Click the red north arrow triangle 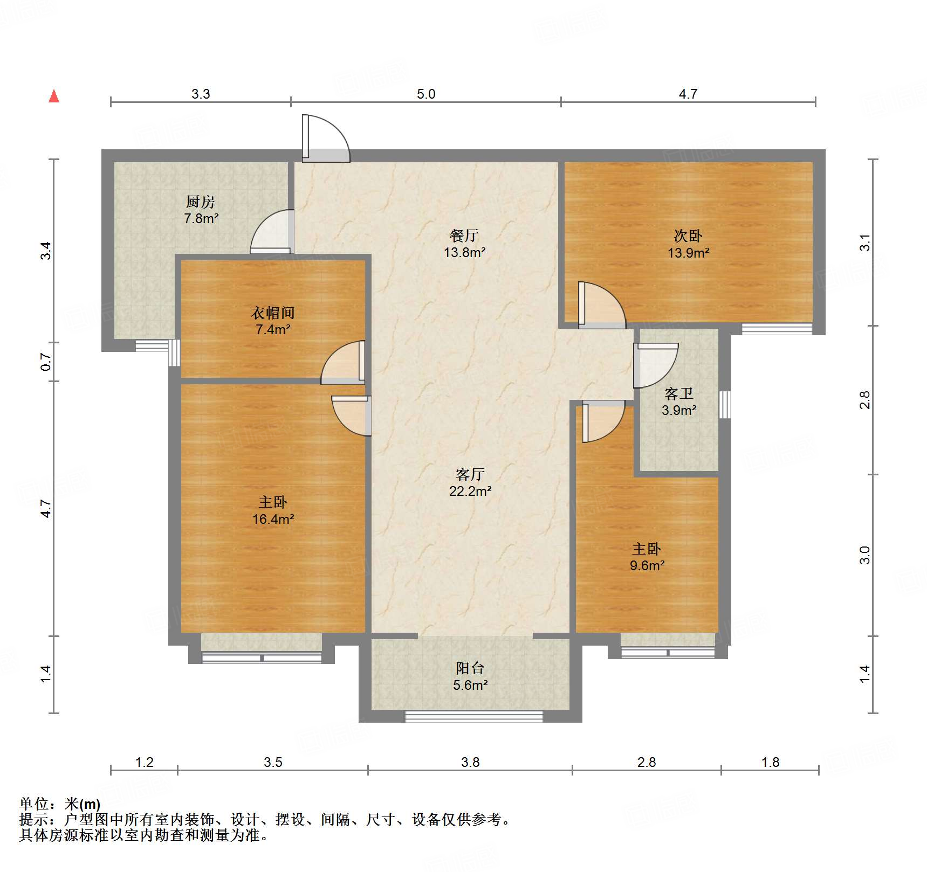[54, 96]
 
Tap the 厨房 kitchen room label [200, 202]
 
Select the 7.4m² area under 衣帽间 [273, 329]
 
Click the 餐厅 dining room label [464, 236]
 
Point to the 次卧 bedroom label [688, 236]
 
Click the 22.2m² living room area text [470, 491]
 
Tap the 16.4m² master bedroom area [273, 519]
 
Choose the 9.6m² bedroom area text [647, 565]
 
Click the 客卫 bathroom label [678, 393]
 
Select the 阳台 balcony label [470, 668]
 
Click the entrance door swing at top [326, 139]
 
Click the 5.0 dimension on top [425, 94]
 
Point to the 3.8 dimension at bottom [470, 762]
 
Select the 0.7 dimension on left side [46, 362]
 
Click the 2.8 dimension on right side [864, 400]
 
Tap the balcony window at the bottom [473, 716]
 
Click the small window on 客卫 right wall [725, 404]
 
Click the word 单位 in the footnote [34, 804]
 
